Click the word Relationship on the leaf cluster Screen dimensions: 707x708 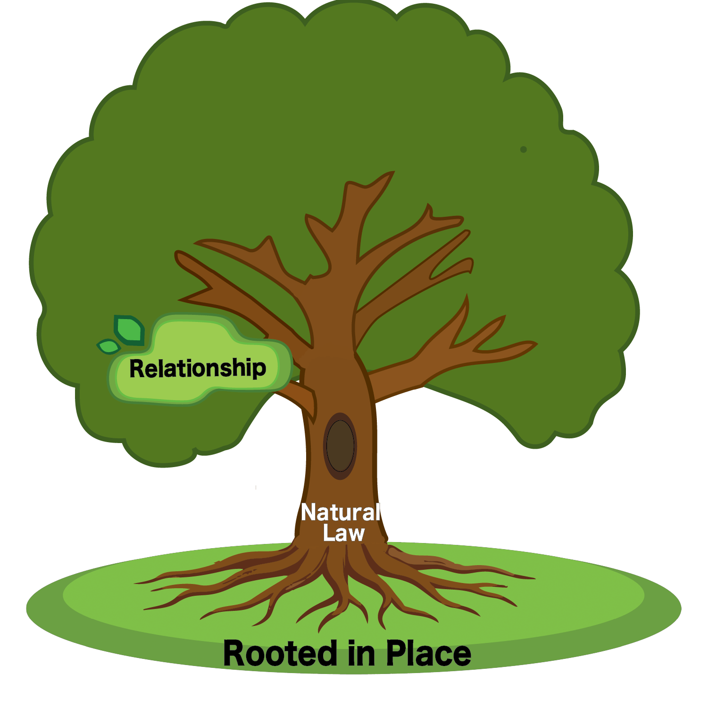point(198,368)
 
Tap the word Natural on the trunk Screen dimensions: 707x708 point(340,512)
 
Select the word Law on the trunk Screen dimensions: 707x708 point(343,533)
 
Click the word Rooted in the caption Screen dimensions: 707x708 point(280,654)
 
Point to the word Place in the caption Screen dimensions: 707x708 point(428,654)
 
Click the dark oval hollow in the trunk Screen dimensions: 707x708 point(340,446)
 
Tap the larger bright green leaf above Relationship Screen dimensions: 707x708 point(129,329)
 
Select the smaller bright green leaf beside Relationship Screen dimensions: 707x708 point(109,346)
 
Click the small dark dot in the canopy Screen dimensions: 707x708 point(523,149)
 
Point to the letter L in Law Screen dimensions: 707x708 point(328,533)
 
